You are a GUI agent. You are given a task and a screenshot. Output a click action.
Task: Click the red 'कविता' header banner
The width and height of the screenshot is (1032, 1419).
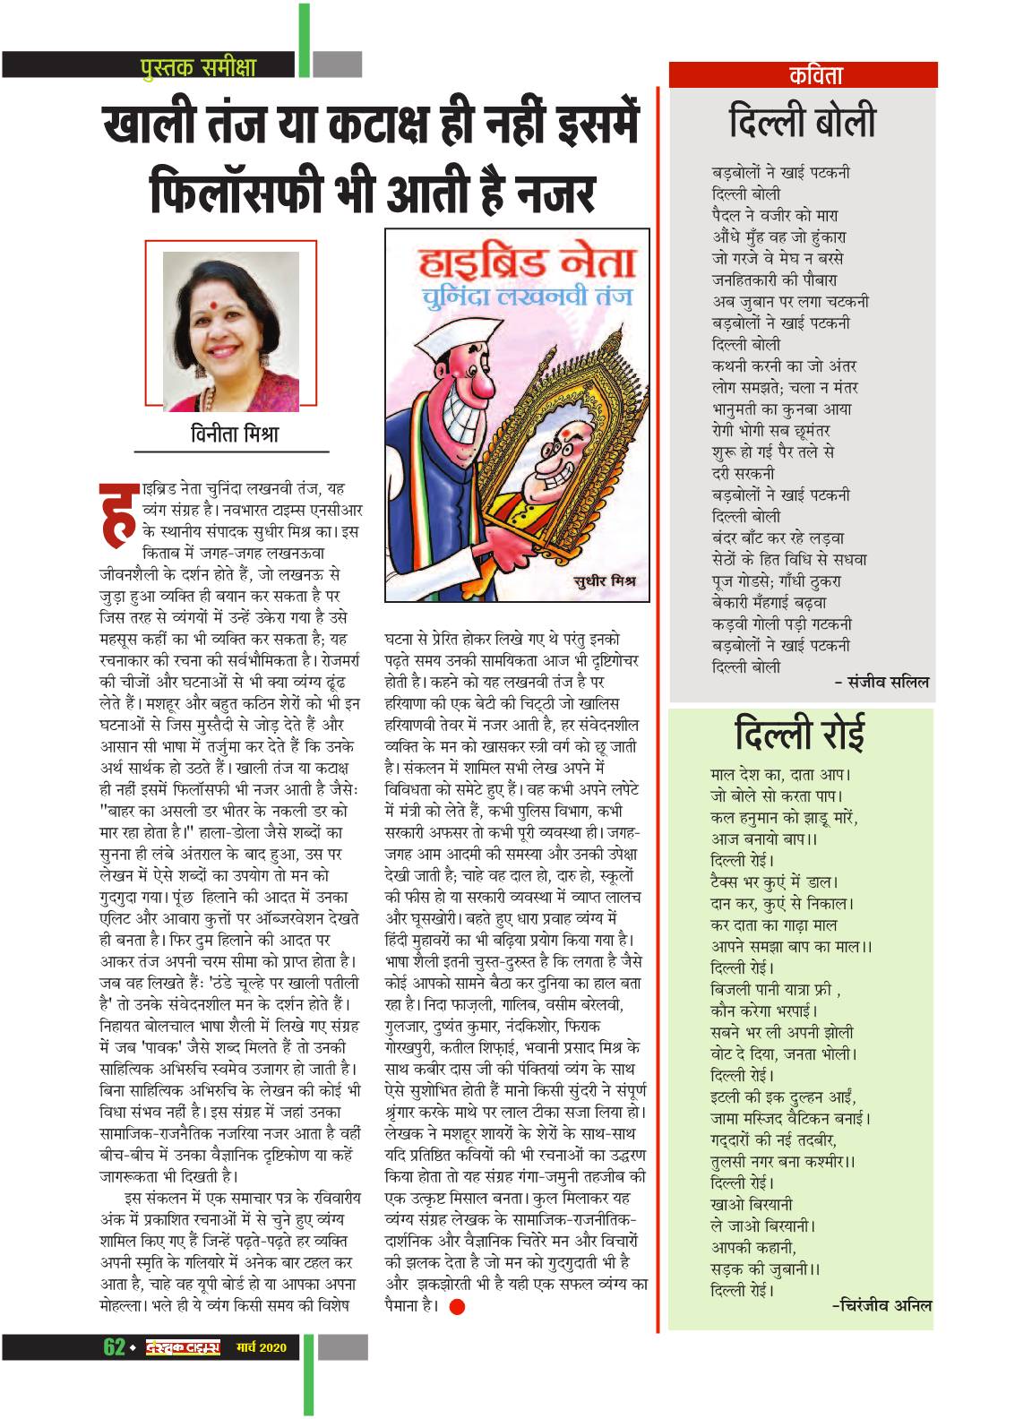(803, 74)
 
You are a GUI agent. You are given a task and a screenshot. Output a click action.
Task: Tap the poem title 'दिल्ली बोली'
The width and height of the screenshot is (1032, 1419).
(803, 122)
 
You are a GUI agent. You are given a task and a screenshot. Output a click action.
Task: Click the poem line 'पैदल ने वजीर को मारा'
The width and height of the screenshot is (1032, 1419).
(776, 215)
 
